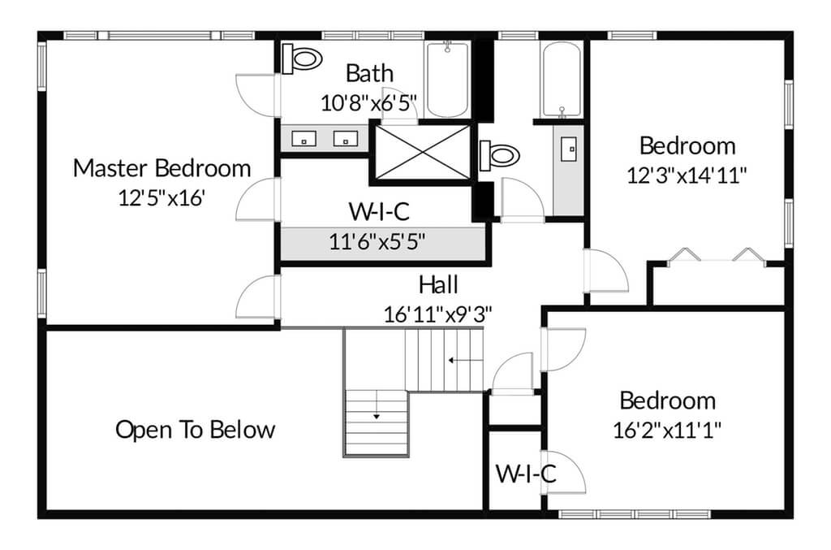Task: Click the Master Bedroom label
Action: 161,169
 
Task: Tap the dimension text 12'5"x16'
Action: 161,198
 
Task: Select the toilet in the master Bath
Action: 302,58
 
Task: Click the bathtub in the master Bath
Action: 447,79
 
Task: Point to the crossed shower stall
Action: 422,153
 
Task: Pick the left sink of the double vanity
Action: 304,139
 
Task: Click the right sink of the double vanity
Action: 345,139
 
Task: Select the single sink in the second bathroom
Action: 569,149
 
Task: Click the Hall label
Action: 438,285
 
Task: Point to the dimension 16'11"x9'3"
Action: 437,315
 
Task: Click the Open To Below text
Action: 196,430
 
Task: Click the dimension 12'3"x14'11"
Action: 687,175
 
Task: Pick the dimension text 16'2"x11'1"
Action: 667,430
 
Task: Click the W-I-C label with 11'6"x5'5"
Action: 379,211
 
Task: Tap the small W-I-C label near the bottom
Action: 526,474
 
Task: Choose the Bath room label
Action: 369,74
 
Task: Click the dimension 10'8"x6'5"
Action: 369,103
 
